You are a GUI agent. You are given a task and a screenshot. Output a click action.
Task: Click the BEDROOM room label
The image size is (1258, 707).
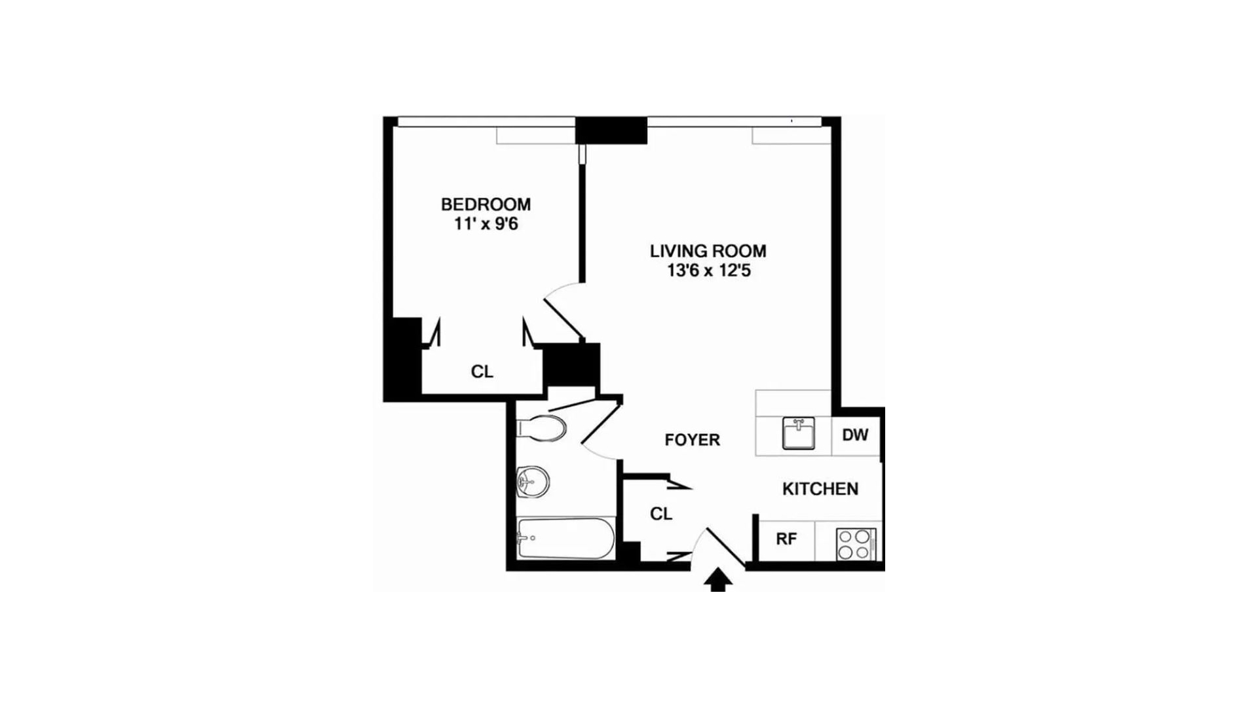coord(486,204)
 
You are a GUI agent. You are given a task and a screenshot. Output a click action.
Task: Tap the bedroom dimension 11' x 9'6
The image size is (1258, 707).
coord(486,225)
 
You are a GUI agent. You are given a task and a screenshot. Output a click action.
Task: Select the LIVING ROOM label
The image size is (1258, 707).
coord(708,251)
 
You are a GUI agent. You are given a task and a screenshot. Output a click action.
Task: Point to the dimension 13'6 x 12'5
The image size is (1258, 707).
coord(708,270)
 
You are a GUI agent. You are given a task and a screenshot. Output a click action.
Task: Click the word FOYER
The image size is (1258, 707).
coord(692,440)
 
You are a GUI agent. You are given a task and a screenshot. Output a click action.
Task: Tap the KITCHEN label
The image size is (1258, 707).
coord(820,489)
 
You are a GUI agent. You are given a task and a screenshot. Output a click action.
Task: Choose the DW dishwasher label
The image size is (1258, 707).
coord(855,435)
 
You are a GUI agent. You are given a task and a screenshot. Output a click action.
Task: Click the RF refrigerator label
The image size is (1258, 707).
coord(786,539)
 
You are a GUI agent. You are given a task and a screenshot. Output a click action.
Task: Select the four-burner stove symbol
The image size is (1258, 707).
coord(856,544)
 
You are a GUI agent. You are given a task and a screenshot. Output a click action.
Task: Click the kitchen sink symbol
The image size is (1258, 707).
coord(798,433)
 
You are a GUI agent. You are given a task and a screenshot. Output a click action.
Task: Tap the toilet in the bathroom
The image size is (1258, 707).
coord(543,429)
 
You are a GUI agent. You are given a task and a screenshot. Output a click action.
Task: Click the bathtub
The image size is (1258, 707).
coord(565,538)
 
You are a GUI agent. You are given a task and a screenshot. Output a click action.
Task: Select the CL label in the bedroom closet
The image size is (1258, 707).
coord(482,372)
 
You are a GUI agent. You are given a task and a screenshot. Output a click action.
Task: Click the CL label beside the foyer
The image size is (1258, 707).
coord(661,515)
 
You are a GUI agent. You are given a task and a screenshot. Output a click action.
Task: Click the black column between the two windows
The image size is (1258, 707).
coord(611,130)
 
